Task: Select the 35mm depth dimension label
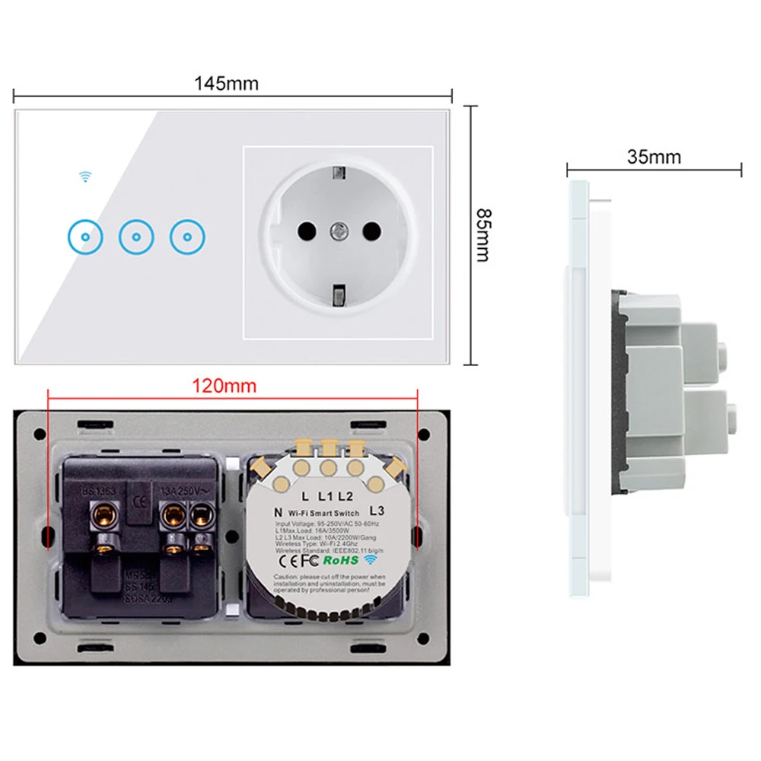(x=654, y=157)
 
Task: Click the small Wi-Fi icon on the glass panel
(x=85, y=177)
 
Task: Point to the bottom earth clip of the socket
(x=338, y=291)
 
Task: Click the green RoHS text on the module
(x=340, y=560)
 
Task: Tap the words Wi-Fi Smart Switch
(x=323, y=514)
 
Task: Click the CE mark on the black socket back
(x=138, y=501)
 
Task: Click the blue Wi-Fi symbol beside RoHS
(x=371, y=559)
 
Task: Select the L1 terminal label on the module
(x=326, y=495)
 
